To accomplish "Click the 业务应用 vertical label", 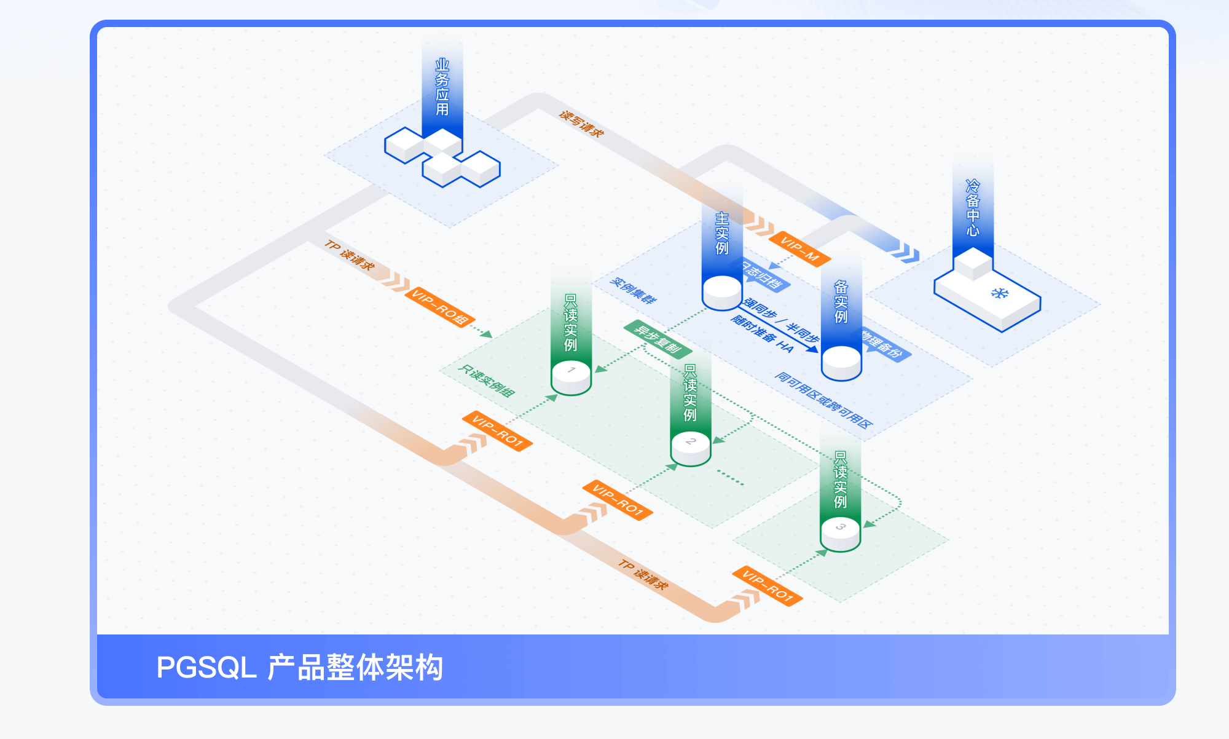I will point(442,87).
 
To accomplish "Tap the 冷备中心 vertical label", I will point(973,208).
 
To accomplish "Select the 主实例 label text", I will point(722,234).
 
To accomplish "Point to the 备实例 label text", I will point(841,302).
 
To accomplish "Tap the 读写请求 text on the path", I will point(581,124).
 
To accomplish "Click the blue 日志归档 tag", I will point(764,277).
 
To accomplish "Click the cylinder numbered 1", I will point(571,376).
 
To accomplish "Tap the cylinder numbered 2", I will point(691,448).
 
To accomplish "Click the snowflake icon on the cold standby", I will point(1000,293).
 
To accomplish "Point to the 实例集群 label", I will point(633,291).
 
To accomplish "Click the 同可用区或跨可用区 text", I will point(823,400).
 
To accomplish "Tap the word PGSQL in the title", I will point(206,668).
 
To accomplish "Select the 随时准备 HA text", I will point(762,334).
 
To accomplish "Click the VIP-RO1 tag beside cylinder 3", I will point(767,586).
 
